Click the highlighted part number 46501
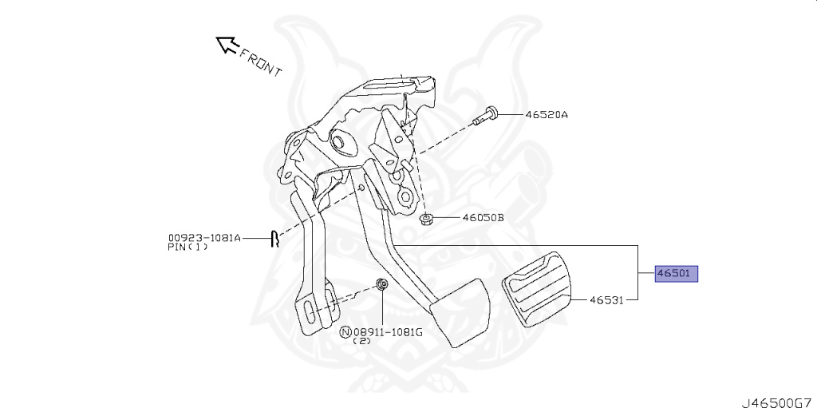click(x=676, y=274)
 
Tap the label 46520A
click(x=547, y=115)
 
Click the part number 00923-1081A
click(x=204, y=237)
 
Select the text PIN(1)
click(x=188, y=248)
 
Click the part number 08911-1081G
click(x=388, y=331)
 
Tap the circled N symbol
click(x=345, y=331)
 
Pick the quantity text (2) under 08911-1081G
click(x=361, y=342)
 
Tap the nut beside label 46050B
click(x=426, y=219)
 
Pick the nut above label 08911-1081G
click(x=382, y=285)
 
